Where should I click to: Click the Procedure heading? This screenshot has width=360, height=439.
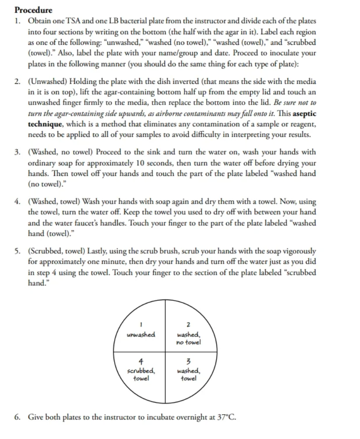pos(33,10)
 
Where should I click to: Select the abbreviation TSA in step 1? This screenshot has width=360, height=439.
pos(71,21)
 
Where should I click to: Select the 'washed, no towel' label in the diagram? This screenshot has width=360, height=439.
pos(188,339)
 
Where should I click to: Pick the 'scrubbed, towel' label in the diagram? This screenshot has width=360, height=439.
pos(140,374)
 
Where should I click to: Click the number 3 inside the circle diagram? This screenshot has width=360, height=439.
pos(188,361)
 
